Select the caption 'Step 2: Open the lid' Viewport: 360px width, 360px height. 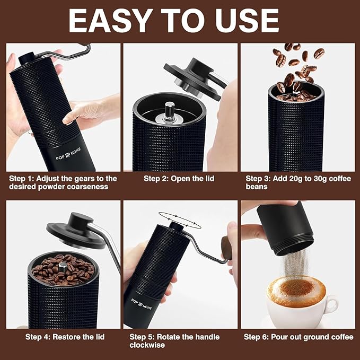(x=179, y=179)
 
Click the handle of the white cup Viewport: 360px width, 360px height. (x=331, y=303)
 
